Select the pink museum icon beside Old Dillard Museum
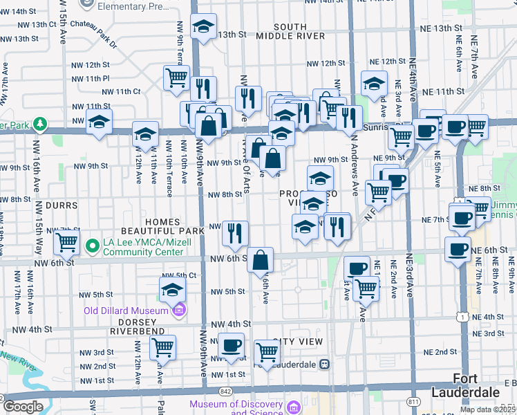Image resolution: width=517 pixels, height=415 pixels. [x=179, y=310]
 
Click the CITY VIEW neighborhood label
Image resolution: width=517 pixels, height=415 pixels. [x=298, y=342]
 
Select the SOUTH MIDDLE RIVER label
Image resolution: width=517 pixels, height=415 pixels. [x=290, y=31]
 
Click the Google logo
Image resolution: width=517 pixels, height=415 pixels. [x=23, y=407]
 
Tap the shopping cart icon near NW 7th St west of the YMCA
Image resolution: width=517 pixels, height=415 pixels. [x=66, y=243]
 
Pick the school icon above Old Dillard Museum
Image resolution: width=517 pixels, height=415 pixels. [x=172, y=290]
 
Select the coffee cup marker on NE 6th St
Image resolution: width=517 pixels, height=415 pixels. [x=457, y=250]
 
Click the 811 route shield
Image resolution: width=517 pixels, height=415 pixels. [x=414, y=400]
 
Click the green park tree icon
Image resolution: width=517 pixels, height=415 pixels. [x=41, y=124]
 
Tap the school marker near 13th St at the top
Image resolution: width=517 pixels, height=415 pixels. [x=203, y=27]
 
